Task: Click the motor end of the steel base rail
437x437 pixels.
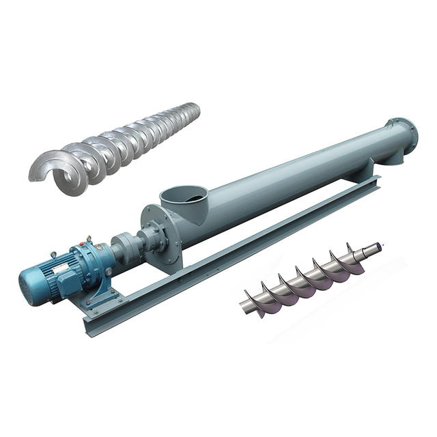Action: click(92, 321)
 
